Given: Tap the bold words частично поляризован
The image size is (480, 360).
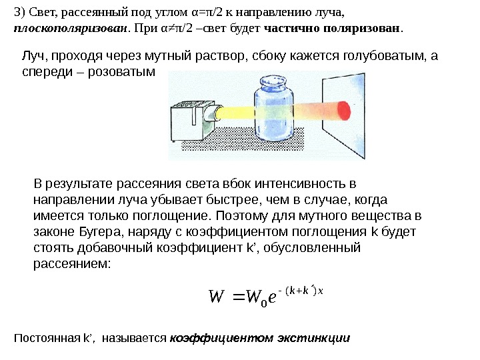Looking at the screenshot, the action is click(333, 30).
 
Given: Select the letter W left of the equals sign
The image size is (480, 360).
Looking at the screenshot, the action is click(217, 294).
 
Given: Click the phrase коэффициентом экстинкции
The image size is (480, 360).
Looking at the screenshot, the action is click(260, 338).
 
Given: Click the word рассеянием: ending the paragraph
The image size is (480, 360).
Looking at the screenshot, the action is click(73, 264).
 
